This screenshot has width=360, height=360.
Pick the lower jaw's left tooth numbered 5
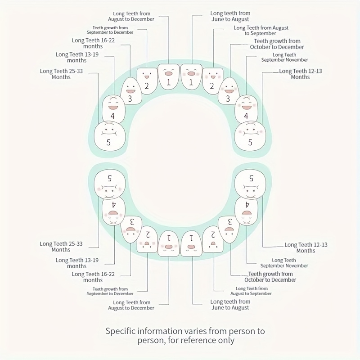(x=109, y=184)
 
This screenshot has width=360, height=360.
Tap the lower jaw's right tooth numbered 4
(x=247, y=209)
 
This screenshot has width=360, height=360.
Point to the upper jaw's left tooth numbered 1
(x=168, y=77)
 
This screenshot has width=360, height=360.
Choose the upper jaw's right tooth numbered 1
(x=191, y=77)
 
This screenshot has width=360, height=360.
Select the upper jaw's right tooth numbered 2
(x=211, y=81)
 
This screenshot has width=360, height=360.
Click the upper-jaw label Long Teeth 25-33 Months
(x=61, y=74)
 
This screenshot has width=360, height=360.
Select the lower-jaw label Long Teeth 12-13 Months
(x=306, y=248)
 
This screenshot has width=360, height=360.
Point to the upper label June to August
(x=230, y=17)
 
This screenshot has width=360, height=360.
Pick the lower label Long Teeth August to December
(x=131, y=305)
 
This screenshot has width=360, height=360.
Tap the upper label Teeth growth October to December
(x=277, y=44)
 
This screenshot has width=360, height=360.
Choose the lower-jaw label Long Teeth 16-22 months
(x=93, y=277)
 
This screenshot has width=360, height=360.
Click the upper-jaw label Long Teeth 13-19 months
(x=77, y=57)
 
